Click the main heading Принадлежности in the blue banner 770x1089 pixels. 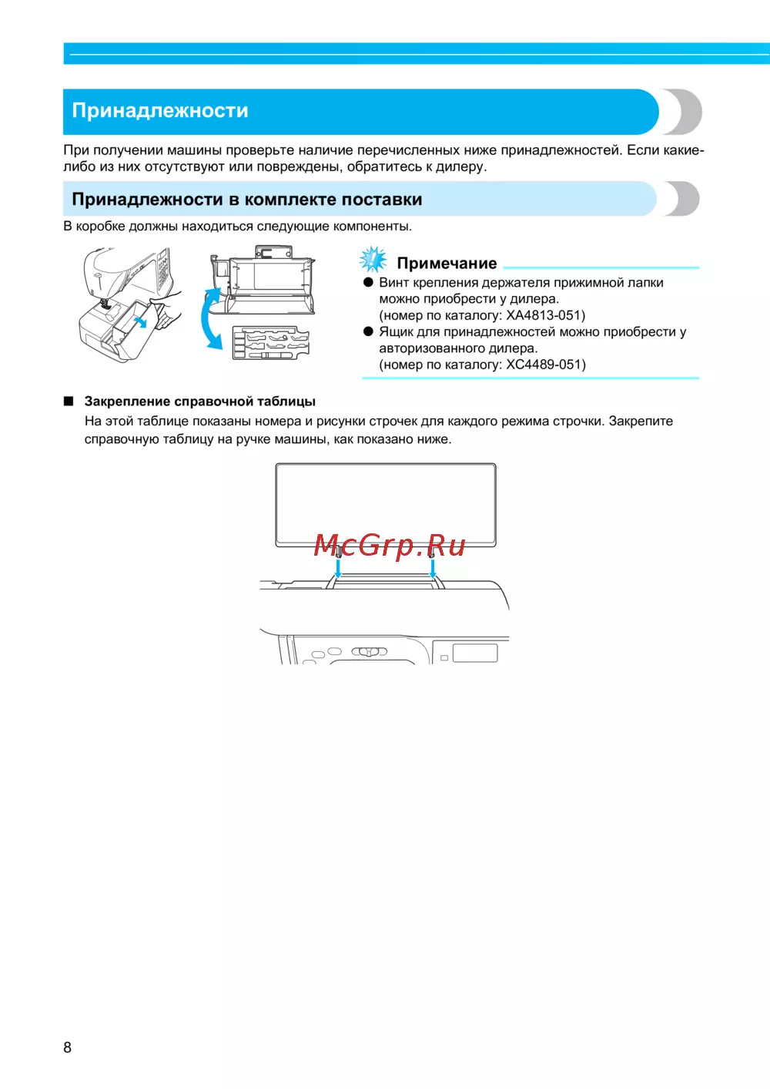tap(160, 111)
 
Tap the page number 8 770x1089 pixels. tap(68, 1047)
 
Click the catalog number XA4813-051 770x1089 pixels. tap(545, 315)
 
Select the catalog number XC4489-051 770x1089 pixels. tap(545, 365)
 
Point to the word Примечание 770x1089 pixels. tap(447, 264)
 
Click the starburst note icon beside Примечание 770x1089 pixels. tap(374, 260)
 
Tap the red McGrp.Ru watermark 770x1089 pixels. tap(390, 546)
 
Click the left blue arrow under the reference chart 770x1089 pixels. tap(338, 568)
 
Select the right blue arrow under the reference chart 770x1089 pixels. tap(433, 568)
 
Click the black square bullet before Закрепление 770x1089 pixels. tap(69, 402)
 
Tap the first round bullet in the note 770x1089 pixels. tap(368, 283)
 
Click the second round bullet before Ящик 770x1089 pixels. tap(368, 332)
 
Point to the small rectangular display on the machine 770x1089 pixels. tap(475, 654)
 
